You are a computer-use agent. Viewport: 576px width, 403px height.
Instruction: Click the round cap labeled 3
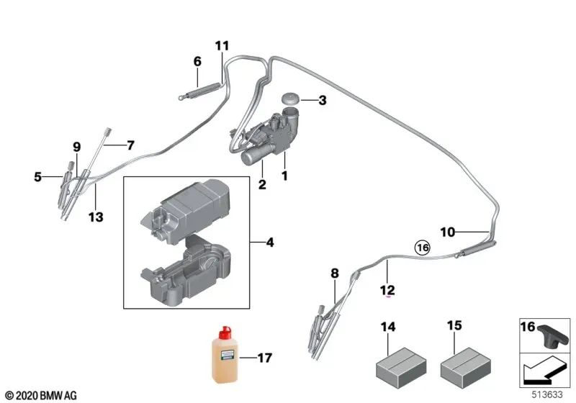pyautogui.click(x=292, y=99)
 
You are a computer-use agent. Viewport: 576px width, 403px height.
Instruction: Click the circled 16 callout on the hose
pyautogui.click(x=422, y=248)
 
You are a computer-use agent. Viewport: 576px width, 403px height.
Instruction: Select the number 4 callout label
pyautogui.click(x=270, y=243)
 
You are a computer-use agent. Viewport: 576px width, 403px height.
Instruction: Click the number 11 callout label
pyautogui.click(x=222, y=46)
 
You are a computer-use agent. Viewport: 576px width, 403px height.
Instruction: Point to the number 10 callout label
pyautogui.click(x=448, y=232)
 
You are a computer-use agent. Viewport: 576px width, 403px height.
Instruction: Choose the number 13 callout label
pyautogui.click(x=96, y=216)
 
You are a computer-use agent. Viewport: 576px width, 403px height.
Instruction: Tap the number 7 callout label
pyautogui.click(x=130, y=145)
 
